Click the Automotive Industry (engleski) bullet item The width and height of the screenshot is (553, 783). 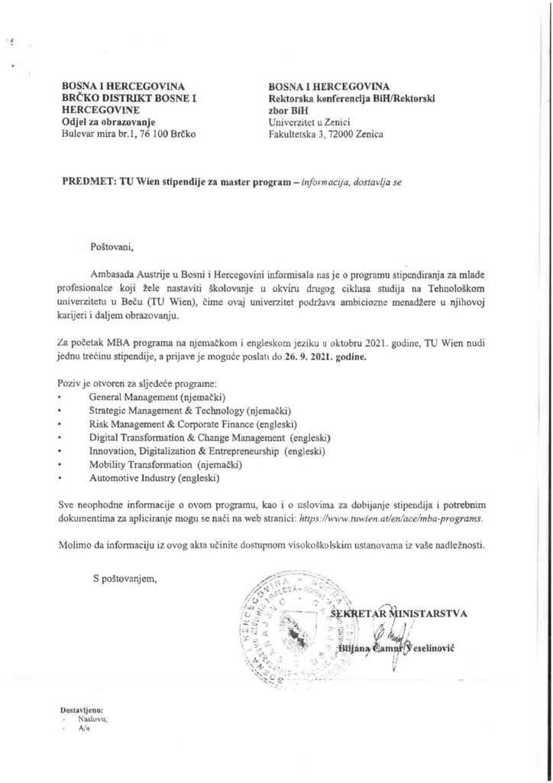click(154, 479)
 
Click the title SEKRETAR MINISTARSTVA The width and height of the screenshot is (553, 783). click(404, 612)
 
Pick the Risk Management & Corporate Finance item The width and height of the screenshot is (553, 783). click(193, 424)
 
